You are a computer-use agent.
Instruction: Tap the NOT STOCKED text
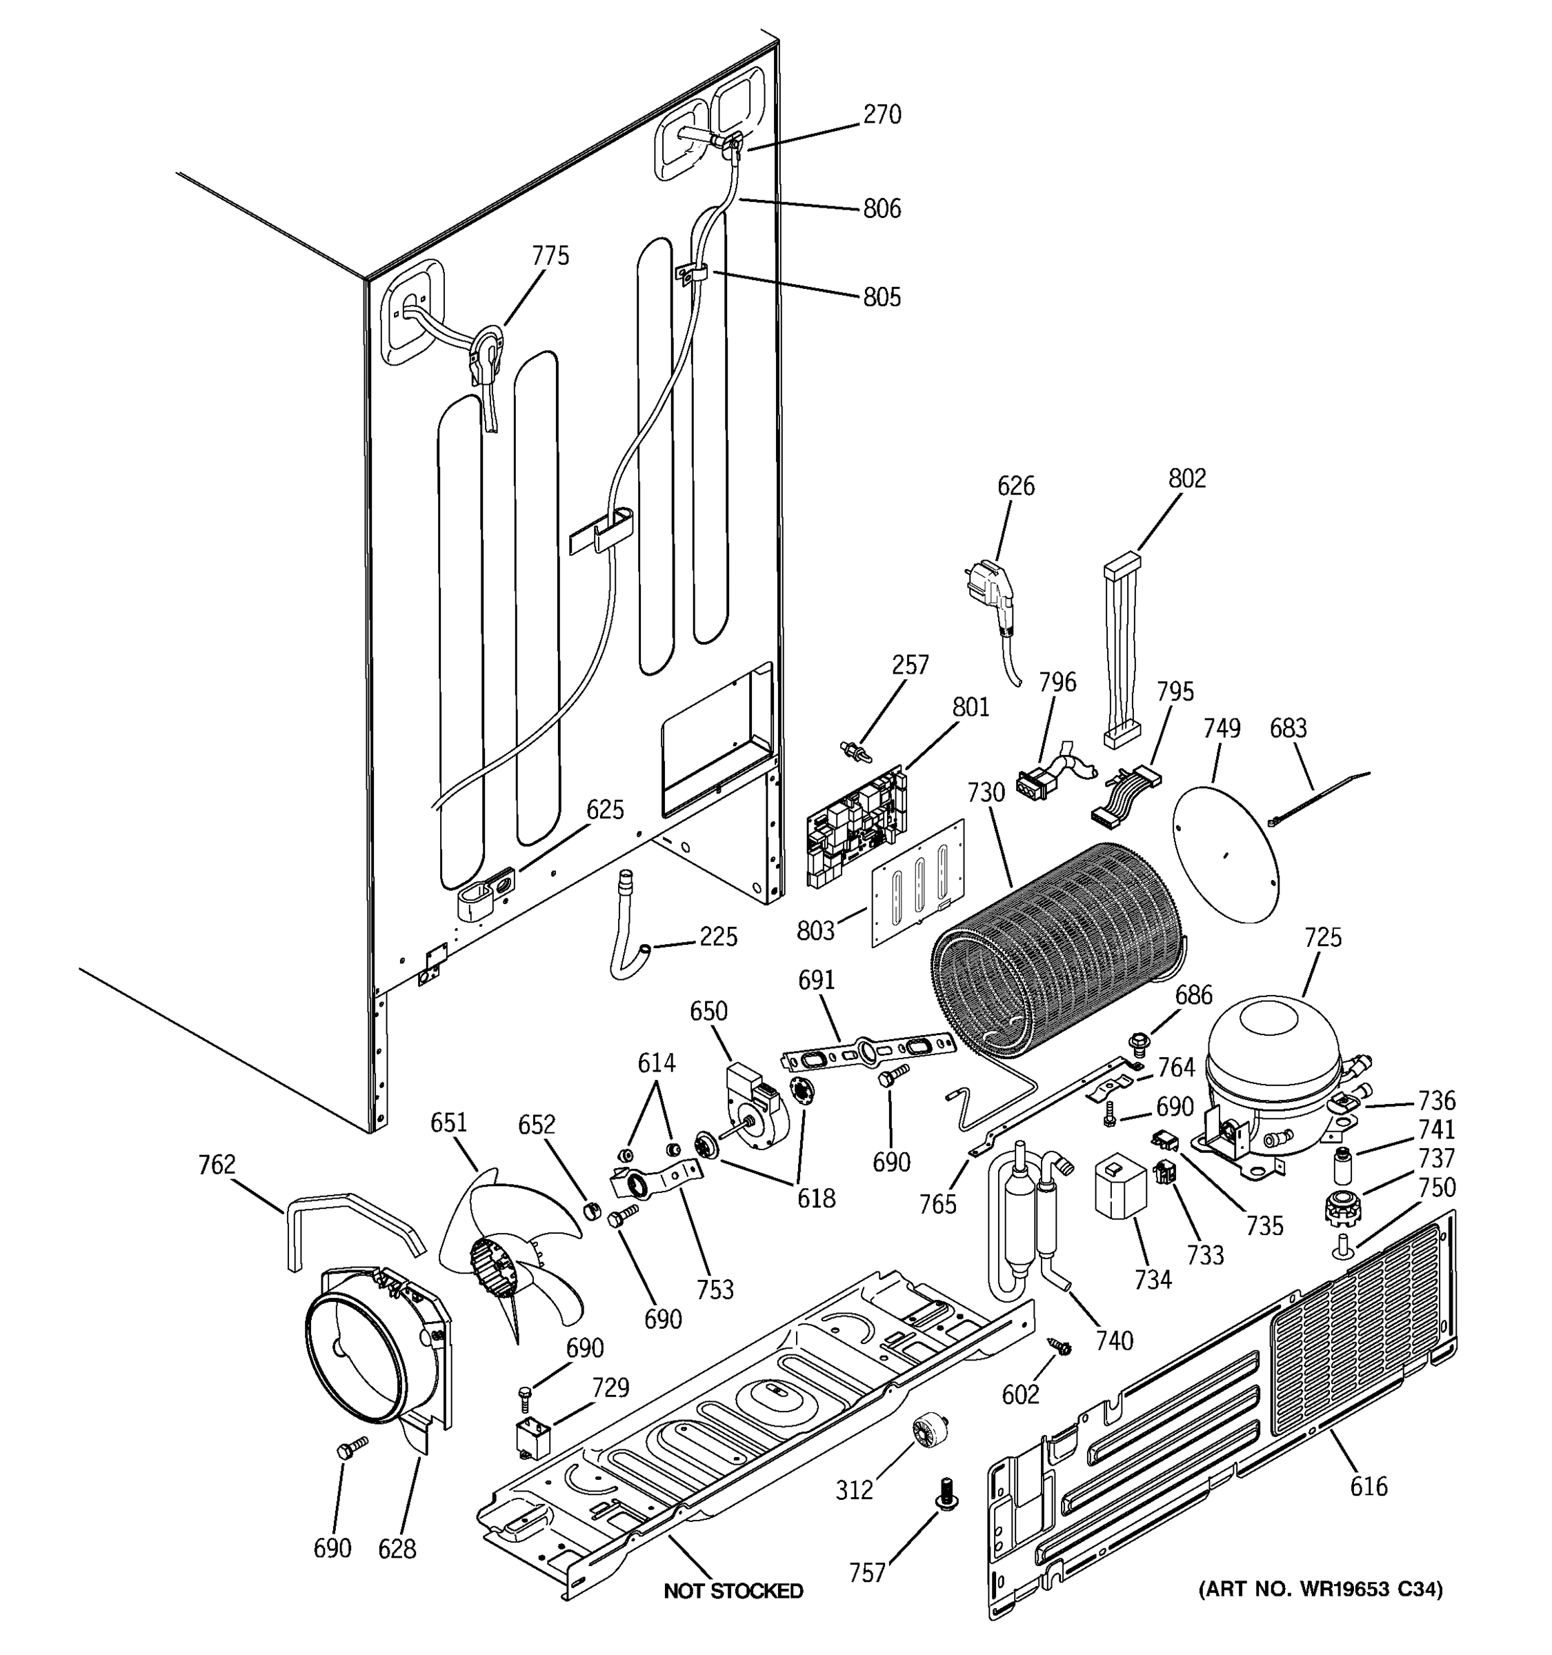pos(733,1591)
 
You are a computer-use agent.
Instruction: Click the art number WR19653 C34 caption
pos(1320,1589)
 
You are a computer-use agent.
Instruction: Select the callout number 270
pos(882,114)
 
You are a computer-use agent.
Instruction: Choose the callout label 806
pos(882,208)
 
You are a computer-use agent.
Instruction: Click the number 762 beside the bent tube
pos(217,1164)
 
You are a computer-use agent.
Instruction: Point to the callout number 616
pos(1369,1486)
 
